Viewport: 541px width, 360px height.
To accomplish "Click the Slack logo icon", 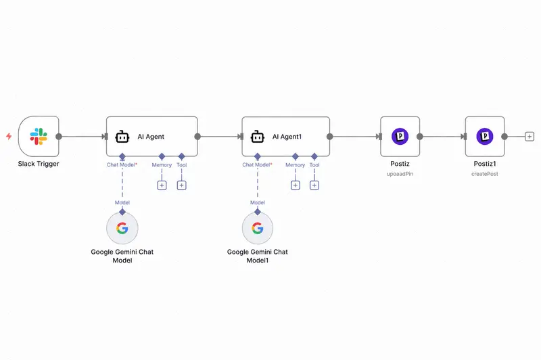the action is [39, 136].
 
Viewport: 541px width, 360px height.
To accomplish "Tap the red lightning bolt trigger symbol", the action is [9, 136].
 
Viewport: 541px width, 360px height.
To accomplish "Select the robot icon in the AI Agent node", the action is [122, 137].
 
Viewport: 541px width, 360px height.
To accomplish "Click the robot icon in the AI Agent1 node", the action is [258, 137].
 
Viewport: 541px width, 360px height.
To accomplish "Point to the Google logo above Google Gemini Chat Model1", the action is [258, 228].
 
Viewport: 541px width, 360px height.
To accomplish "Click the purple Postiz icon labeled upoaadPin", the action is [400, 136].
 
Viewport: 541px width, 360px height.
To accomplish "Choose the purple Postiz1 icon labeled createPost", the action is [485, 136].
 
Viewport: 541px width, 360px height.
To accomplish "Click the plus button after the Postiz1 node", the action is [530, 137].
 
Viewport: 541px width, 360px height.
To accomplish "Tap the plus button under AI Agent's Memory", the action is [162, 185].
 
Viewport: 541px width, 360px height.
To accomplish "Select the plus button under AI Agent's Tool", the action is [181, 185].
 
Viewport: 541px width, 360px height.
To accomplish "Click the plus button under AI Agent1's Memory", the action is [296, 185].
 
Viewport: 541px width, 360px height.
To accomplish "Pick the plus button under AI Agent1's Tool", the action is [314, 185].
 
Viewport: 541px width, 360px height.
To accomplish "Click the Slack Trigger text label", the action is [39, 164].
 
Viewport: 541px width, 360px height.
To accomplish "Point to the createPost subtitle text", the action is [485, 174].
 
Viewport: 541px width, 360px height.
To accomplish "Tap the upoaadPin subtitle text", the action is [400, 174].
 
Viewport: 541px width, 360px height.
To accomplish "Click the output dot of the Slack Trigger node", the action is [59, 137].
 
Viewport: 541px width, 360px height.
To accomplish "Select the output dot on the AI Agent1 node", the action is [330, 137].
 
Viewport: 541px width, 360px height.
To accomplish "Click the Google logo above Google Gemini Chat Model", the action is [122, 228].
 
